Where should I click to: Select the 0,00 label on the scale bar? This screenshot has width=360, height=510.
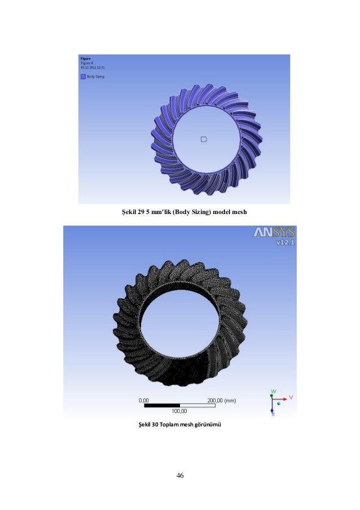pyautogui.click(x=145, y=400)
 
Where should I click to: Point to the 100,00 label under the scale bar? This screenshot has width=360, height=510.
pyautogui.click(x=179, y=411)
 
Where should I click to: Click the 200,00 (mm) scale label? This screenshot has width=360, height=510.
pyautogui.click(x=221, y=400)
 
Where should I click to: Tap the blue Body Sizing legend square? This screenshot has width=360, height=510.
pyautogui.click(x=83, y=76)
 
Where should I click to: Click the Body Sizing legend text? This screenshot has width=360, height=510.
pyautogui.click(x=95, y=76)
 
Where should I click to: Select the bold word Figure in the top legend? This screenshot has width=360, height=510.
pyautogui.click(x=86, y=58)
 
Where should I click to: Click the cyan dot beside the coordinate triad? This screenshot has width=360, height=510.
pyautogui.click(x=279, y=404)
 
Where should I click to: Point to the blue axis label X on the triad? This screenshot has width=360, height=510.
pyautogui.click(x=273, y=414)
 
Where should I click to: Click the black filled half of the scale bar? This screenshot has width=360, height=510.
pyautogui.click(x=162, y=405)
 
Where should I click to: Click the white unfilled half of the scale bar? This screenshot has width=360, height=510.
pyautogui.click(x=197, y=405)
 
